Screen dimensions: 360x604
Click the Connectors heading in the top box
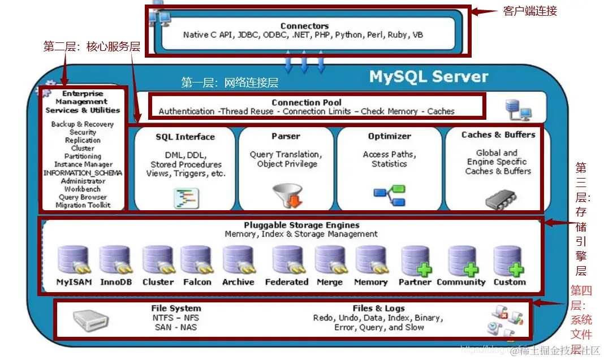point(304,26)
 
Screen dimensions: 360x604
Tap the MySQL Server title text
point(428,77)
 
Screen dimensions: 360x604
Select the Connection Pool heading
point(307,102)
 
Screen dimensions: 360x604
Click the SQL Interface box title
point(185,137)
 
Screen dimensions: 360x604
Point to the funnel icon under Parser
point(288,195)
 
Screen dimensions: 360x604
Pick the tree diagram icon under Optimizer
point(390,195)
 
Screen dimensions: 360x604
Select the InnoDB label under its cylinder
point(116,282)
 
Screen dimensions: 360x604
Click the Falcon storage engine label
point(197,282)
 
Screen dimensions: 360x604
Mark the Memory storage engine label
point(370,282)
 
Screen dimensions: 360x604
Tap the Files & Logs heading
point(378,308)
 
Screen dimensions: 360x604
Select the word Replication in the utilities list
point(83,140)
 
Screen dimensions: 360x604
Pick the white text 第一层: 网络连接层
point(230,83)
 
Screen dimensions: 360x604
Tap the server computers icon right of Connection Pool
point(517,110)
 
